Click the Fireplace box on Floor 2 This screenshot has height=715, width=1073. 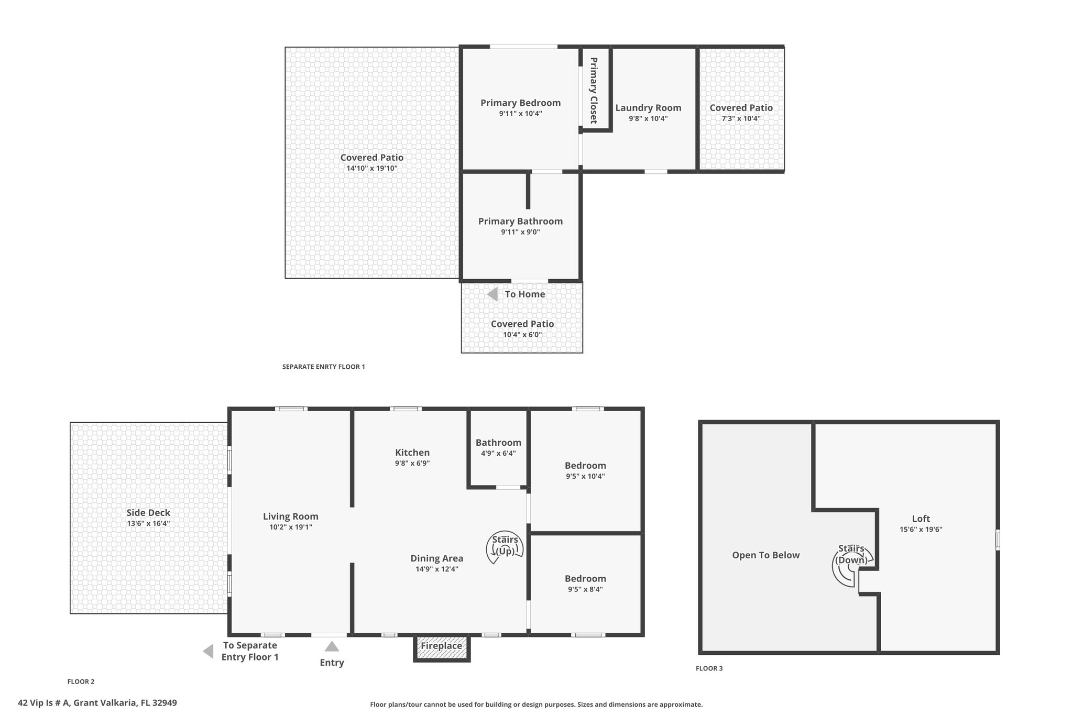[x=442, y=648]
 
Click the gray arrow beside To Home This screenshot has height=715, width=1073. [x=492, y=294]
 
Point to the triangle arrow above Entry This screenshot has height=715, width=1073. [x=332, y=646]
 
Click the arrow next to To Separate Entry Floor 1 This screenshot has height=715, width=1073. [x=208, y=651]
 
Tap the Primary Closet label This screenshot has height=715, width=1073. [x=594, y=90]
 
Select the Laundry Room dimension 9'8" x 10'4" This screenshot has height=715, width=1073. [x=648, y=119]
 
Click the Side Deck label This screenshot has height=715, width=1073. [x=148, y=513]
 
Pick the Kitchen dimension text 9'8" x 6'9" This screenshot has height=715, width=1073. [x=412, y=463]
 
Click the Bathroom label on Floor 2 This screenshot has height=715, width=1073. [x=498, y=443]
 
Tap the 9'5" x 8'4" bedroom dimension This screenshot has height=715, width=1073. [x=585, y=589]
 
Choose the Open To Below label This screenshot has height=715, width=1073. [x=766, y=555]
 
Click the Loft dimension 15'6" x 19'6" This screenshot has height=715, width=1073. [x=921, y=530]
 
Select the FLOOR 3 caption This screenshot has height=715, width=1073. [x=709, y=668]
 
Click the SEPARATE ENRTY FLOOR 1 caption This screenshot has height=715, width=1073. [x=324, y=367]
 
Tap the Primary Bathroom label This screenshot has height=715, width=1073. [x=521, y=221]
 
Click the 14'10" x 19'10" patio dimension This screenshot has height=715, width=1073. [x=372, y=169]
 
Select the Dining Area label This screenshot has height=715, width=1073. [x=437, y=558]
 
